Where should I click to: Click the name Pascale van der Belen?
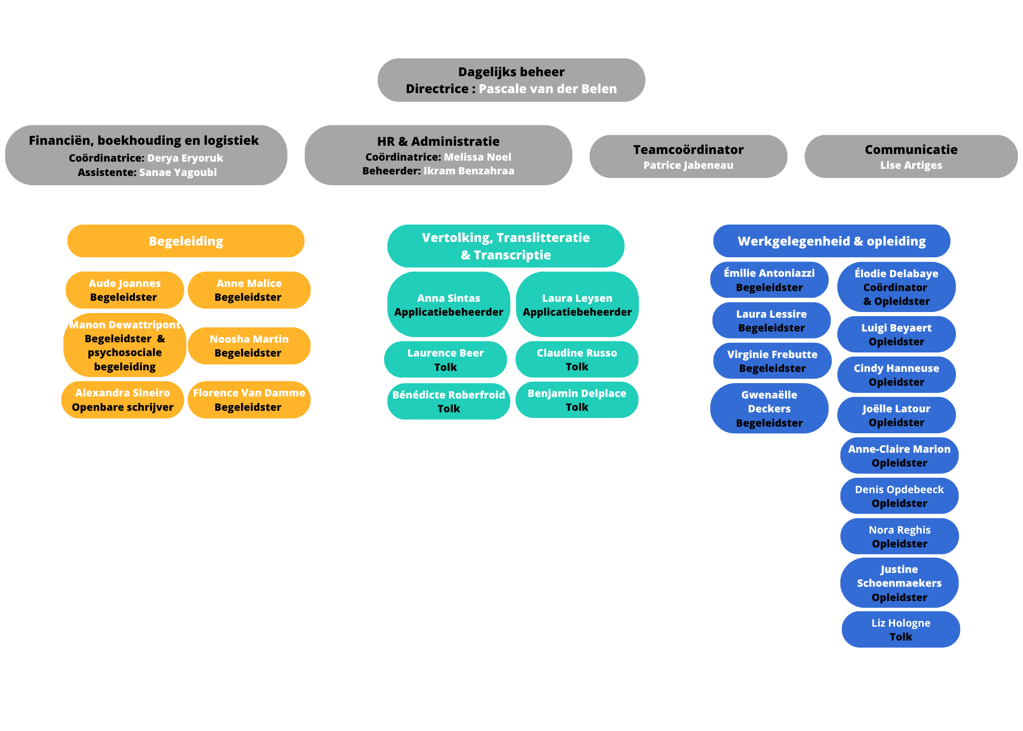coord(548,88)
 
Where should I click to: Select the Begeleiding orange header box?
coord(186,241)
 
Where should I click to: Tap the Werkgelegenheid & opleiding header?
coord(832,241)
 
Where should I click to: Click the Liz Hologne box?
coord(901,630)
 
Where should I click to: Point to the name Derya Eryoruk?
coord(185,158)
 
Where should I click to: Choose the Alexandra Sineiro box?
coord(123,400)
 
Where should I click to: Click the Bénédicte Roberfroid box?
coord(449,402)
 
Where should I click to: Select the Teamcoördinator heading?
coord(688,149)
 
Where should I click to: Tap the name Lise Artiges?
coord(911,165)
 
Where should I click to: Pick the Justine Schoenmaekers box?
coord(899,583)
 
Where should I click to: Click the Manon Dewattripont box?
coord(125,345)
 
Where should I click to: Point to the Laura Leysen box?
coord(577,304)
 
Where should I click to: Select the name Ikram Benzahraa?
coord(469,171)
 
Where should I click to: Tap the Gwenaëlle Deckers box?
coord(769,408)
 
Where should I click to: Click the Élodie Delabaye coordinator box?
coord(896,287)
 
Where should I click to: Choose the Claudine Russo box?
coord(577,360)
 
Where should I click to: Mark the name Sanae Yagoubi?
coord(178,172)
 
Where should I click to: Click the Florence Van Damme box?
coord(249,400)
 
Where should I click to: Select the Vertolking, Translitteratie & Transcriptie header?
coord(506,246)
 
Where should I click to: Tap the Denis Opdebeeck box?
coord(899,496)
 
